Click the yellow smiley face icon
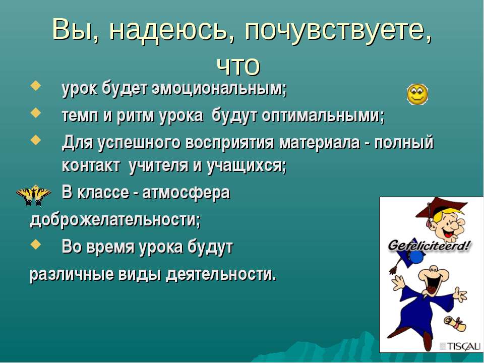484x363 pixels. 417,94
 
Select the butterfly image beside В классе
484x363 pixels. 34,195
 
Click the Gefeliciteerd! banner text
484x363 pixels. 429,246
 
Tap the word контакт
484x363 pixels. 91,166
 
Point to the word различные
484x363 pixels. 70,275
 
